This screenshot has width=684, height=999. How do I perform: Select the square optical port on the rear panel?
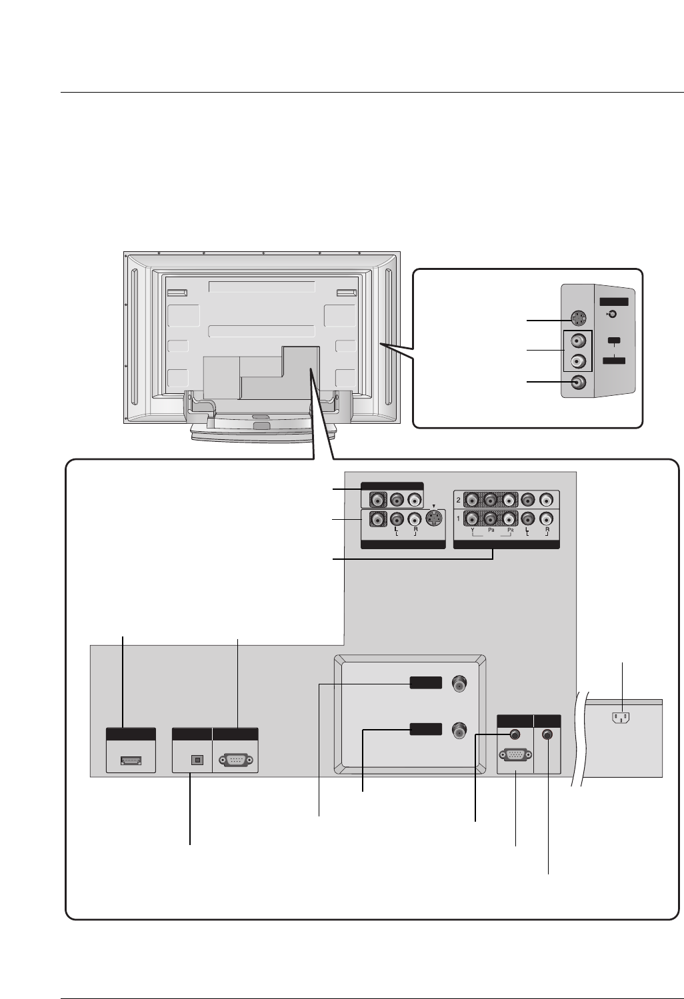tap(197, 759)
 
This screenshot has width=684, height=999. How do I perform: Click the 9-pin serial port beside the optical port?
tap(235, 760)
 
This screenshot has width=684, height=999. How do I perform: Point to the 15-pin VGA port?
tap(515, 756)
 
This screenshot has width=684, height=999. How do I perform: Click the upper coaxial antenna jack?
tap(458, 684)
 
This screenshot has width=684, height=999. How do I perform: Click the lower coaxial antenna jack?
tap(458, 729)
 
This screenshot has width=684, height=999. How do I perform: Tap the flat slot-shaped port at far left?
tap(130, 760)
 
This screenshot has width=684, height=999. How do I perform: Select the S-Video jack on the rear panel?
tap(434, 518)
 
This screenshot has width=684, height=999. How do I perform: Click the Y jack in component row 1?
tap(472, 518)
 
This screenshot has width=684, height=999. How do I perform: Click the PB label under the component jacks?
tap(491, 531)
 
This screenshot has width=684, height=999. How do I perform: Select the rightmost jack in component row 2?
tap(547, 499)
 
